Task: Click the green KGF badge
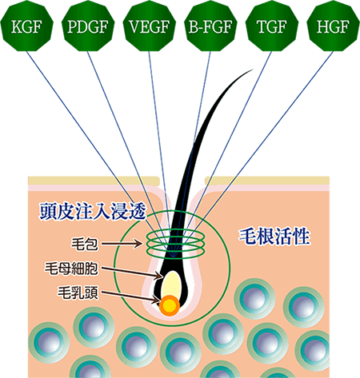point(27,26)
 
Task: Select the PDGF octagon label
point(88,26)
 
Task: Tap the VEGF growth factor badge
point(150,26)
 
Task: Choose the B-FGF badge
point(210,26)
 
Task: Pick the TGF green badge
point(272,26)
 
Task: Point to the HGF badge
point(333,26)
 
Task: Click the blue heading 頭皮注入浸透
point(93,211)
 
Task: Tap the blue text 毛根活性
point(274,236)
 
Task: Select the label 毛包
point(85,244)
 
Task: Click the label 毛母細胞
point(71,269)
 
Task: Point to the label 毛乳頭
point(78,292)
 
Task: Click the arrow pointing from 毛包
point(122,243)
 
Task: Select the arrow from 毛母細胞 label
point(132,273)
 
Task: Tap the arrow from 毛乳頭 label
point(130,297)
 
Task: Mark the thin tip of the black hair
point(252,70)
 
